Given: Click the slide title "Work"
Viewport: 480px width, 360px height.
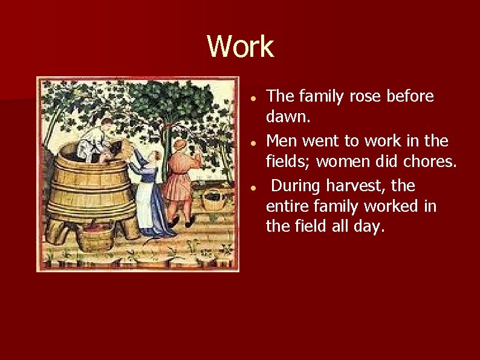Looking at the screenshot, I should (x=240, y=46).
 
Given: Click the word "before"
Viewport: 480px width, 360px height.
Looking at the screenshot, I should (x=405, y=97).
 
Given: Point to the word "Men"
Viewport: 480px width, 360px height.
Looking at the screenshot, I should (x=281, y=141).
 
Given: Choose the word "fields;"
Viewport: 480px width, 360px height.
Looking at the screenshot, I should (x=288, y=162).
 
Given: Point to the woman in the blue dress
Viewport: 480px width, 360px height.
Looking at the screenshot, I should (x=148, y=194).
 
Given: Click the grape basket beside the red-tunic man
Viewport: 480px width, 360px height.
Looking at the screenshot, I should (x=213, y=200).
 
